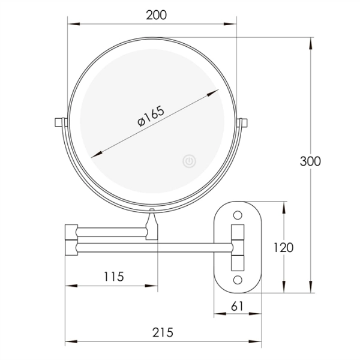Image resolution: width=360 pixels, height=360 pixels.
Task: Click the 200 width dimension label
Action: coord(157,15)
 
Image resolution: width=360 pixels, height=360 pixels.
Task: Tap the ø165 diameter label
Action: coord(151,116)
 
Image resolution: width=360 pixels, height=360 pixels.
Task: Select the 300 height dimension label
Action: coord(310,161)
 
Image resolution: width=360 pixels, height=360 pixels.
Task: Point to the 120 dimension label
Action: coord(284,247)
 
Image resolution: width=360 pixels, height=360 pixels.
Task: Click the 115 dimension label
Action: coord(114,277)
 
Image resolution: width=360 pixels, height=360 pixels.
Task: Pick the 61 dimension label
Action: coord(237,306)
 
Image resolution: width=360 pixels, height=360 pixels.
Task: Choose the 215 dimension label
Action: coord(163,332)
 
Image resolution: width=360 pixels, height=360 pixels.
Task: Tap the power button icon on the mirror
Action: coord(189,161)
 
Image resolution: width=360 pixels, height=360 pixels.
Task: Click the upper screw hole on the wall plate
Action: coord(238,215)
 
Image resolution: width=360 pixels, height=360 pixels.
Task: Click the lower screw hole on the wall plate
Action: coord(238,280)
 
